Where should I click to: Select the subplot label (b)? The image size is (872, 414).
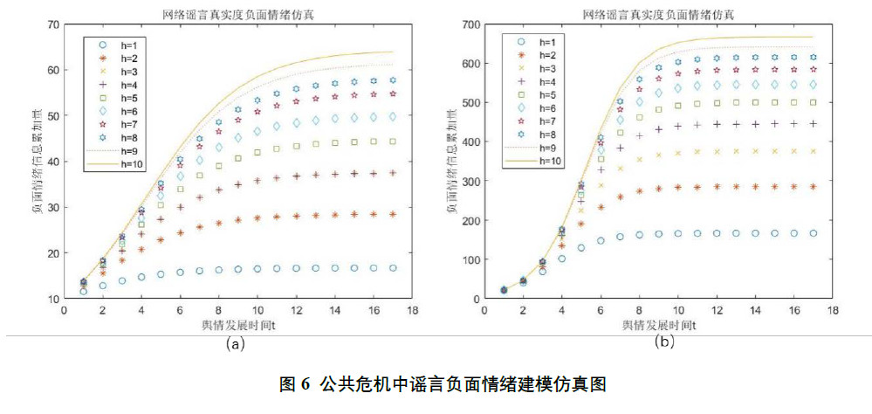tap(665, 342)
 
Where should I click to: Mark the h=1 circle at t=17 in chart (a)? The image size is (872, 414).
tap(393, 268)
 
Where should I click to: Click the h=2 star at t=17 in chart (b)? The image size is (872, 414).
tap(814, 187)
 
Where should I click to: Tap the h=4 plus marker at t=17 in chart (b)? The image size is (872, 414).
tap(814, 124)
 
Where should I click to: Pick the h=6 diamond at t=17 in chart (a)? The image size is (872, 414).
tap(393, 116)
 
